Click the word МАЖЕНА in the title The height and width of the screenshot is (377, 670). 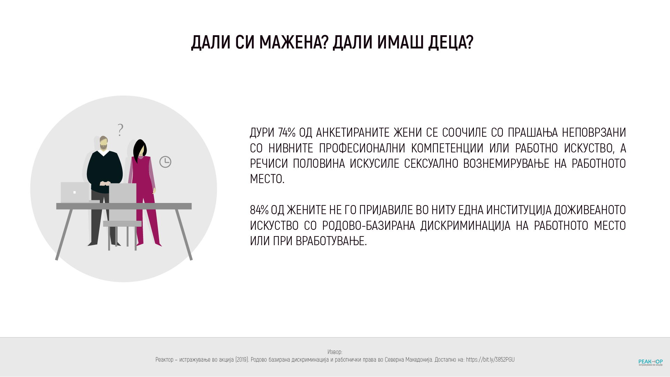point(291,43)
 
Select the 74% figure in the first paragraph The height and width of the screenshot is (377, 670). point(287,133)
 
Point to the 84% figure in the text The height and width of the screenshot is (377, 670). point(259,210)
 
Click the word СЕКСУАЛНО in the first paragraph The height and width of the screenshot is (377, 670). point(431,164)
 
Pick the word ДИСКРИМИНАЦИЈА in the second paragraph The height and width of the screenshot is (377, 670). point(465,226)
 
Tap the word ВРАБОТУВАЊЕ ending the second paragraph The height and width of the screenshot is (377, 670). point(330,241)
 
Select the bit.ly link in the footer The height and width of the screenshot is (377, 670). point(490,360)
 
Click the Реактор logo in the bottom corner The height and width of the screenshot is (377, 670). point(650,362)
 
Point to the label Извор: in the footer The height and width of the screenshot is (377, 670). point(335,352)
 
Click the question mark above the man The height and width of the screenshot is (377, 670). point(120,130)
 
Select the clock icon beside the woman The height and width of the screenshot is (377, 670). point(165,162)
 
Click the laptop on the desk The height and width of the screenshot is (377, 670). point(75,192)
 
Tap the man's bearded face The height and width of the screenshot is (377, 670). point(104,143)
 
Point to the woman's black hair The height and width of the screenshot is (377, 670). point(140,148)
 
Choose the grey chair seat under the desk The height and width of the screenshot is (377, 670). point(122,224)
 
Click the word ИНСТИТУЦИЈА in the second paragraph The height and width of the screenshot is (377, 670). point(519,210)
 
